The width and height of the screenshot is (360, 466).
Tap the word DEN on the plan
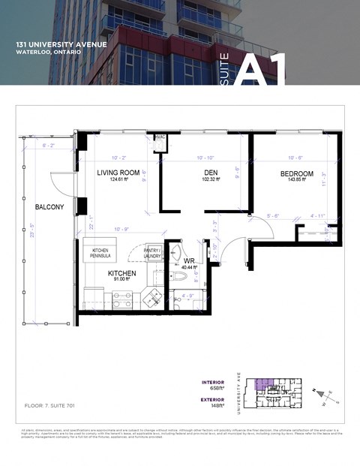[x=201, y=173]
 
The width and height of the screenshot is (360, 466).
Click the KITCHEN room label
[x=121, y=273]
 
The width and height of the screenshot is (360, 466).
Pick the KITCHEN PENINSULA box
[x=106, y=253]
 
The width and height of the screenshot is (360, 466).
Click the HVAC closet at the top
[x=160, y=138]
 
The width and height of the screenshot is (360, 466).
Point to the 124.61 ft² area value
[x=120, y=180]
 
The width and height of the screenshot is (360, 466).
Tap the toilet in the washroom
[x=180, y=278]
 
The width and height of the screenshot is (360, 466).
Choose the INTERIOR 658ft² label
[x=213, y=386]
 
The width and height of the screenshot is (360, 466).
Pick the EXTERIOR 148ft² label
[x=213, y=404]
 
